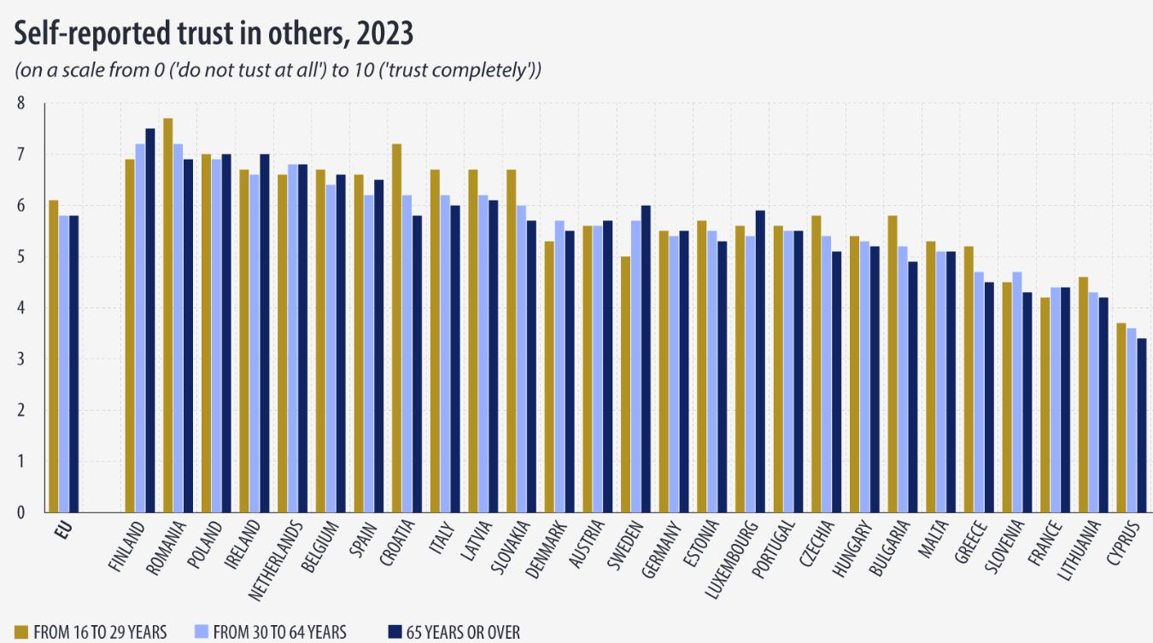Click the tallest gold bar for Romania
pyautogui.click(x=168, y=315)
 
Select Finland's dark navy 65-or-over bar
pyautogui.click(x=150, y=320)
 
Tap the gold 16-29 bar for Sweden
pyautogui.click(x=626, y=384)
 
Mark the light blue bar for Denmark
pyautogui.click(x=559, y=366)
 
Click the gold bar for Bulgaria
pyautogui.click(x=893, y=364)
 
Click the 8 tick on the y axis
pyautogui.click(x=21, y=104)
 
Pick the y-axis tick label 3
pyautogui.click(x=21, y=359)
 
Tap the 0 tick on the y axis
pyautogui.click(x=21, y=512)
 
